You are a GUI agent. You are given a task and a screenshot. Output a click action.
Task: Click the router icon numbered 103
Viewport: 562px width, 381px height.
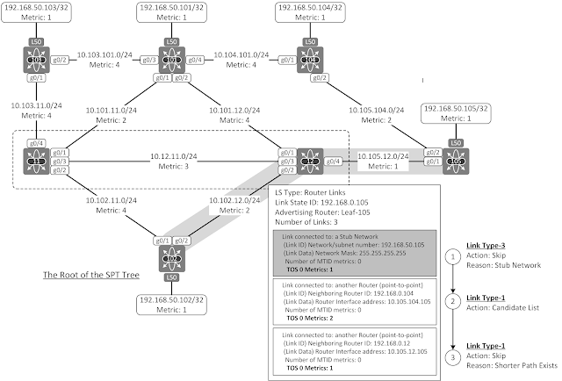coord(36,61)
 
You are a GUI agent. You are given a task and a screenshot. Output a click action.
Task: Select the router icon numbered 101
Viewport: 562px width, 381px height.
coord(172,61)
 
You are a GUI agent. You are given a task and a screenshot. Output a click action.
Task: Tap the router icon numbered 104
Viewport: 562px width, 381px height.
coord(308,61)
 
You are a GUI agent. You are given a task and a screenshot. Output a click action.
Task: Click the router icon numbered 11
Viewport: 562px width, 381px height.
coord(36,162)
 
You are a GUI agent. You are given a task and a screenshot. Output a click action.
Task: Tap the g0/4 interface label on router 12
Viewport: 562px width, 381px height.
coord(332,162)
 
